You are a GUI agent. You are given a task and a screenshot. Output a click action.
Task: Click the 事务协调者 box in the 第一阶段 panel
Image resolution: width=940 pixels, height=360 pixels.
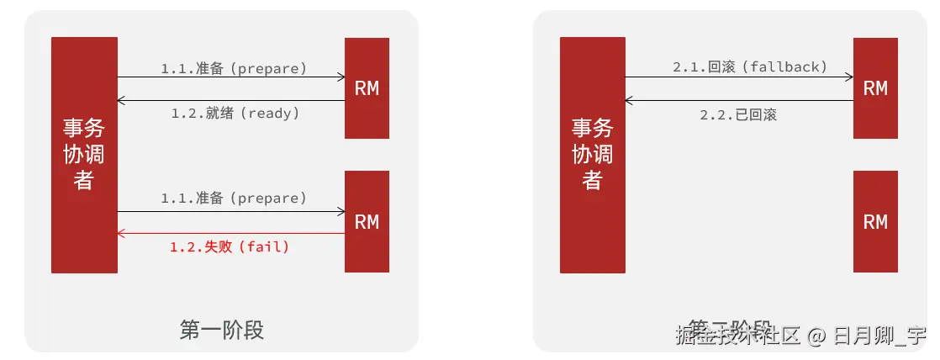[x=84, y=155]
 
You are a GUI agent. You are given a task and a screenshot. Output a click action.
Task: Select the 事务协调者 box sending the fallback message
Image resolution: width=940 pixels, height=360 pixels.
[x=593, y=155]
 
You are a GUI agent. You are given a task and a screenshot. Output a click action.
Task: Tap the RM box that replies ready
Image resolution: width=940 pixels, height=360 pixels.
[x=367, y=88]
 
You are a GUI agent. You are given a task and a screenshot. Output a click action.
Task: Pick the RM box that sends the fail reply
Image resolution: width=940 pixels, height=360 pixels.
[x=367, y=221]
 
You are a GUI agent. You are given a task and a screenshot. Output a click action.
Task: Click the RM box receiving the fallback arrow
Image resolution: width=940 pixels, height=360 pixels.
[x=875, y=88]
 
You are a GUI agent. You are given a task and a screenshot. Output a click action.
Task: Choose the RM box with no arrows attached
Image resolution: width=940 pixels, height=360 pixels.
[x=875, y=221]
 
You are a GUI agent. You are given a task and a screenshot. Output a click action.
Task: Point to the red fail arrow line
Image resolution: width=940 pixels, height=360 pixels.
[x=231, y=233]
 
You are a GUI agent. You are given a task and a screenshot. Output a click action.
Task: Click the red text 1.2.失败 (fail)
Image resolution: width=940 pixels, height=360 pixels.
[x=230, y=247]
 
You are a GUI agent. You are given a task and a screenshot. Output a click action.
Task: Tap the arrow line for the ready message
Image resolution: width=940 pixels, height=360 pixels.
[x=231, y=100]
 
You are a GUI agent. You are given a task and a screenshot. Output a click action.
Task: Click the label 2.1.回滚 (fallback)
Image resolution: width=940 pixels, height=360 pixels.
[x=750, y=67]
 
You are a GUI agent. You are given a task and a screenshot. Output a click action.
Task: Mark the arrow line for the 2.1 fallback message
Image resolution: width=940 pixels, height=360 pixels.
[x=740, y=77]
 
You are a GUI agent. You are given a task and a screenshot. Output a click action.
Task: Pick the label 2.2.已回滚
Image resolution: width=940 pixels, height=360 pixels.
[x=738, y=115]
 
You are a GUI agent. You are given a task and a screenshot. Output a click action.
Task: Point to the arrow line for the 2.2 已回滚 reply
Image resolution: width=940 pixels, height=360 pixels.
[x=740, y=100]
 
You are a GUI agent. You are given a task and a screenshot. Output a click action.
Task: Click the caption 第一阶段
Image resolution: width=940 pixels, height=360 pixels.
[x=222, y=330]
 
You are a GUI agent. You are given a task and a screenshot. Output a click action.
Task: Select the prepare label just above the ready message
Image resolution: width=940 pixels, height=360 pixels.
[x=234, y=68]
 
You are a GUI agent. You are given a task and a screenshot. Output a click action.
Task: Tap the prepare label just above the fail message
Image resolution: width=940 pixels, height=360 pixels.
[x=234, y=199]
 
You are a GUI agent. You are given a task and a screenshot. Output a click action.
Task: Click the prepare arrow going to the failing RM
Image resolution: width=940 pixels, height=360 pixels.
[x=231, y=211]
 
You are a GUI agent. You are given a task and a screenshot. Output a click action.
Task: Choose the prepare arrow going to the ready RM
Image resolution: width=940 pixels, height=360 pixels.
[x=231, y=77]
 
